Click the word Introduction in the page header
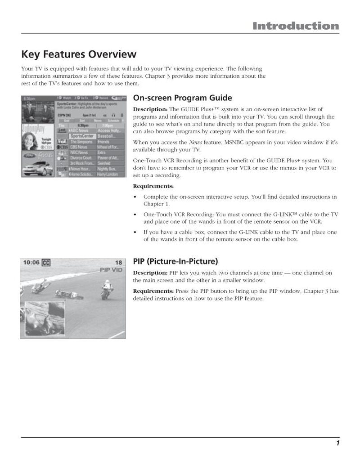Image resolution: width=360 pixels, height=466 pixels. (x=295, y=26)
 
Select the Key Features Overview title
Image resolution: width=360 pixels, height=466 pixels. (x=79, y=54)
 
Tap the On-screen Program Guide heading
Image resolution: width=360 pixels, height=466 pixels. (x=183, y=98)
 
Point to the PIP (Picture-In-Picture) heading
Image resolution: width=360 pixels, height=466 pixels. (x=175, y=261)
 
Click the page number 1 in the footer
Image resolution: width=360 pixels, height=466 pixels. (x=337, y=444)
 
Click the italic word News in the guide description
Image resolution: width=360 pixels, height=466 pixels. (x=169, y=143)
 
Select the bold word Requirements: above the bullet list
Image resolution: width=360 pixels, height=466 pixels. (x=153, y=186)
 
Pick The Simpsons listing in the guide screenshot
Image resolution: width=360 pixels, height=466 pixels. (x=81, y=141)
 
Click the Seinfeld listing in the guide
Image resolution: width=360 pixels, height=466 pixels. (x=104, y=163)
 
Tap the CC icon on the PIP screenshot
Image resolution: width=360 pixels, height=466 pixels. (x=46, y=263)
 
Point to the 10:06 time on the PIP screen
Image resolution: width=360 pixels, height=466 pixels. (x=31, y=263)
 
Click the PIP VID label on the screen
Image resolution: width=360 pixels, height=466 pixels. (x=111, y=270)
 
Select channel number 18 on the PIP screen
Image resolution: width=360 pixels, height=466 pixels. (x=118, y=263)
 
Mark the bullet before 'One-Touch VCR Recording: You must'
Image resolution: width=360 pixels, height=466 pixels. (x=135, y=215)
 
